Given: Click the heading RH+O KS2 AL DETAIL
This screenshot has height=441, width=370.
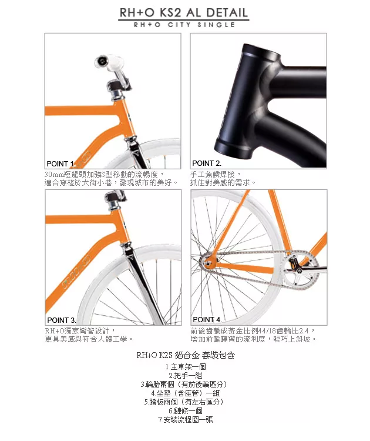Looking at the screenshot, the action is pyautogui.click(x=184, y=13).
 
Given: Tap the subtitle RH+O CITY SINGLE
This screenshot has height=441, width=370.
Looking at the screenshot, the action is pyautogui.click(x=184, y=25).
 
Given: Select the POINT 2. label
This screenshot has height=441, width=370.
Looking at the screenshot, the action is pyautogui.click(x=207, y=163).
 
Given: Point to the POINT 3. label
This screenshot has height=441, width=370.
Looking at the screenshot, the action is pyautogui.click(x=62, y=320).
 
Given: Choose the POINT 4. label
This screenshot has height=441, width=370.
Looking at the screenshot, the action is pyautogui.click(x=207, y=319).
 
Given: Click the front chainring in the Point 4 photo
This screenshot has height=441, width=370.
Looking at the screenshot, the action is pyautogui.click(x=301, y=270).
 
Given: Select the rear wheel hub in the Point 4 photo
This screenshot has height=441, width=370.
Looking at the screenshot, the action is pyautogui.click(x=208, y=263).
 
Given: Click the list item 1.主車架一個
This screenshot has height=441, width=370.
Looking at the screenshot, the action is pyautogui.click(x=186, y=367).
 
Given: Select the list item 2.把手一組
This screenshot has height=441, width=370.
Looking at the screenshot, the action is pyautogui.click(x=186, y=376).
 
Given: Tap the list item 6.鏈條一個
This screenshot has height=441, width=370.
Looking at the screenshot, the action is pyautogui.click(x=186, y=410).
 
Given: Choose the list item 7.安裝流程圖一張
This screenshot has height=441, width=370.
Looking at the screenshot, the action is pyautogui.click(x=186, y=420).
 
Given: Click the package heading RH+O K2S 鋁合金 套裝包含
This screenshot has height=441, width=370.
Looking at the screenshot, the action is pyautogui.click(x=186, y=355).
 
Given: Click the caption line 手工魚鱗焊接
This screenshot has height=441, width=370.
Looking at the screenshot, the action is pyautogui.click(x=215, y=174).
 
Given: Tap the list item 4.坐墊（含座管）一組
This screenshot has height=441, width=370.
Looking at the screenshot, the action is pyautogui.click(x=186, y=393).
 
